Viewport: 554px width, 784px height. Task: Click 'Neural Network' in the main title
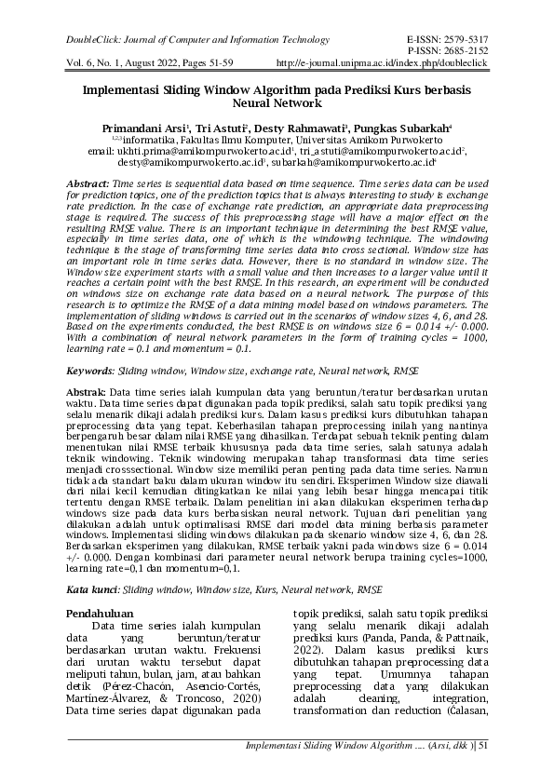277,105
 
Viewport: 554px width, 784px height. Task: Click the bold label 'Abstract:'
91,186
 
